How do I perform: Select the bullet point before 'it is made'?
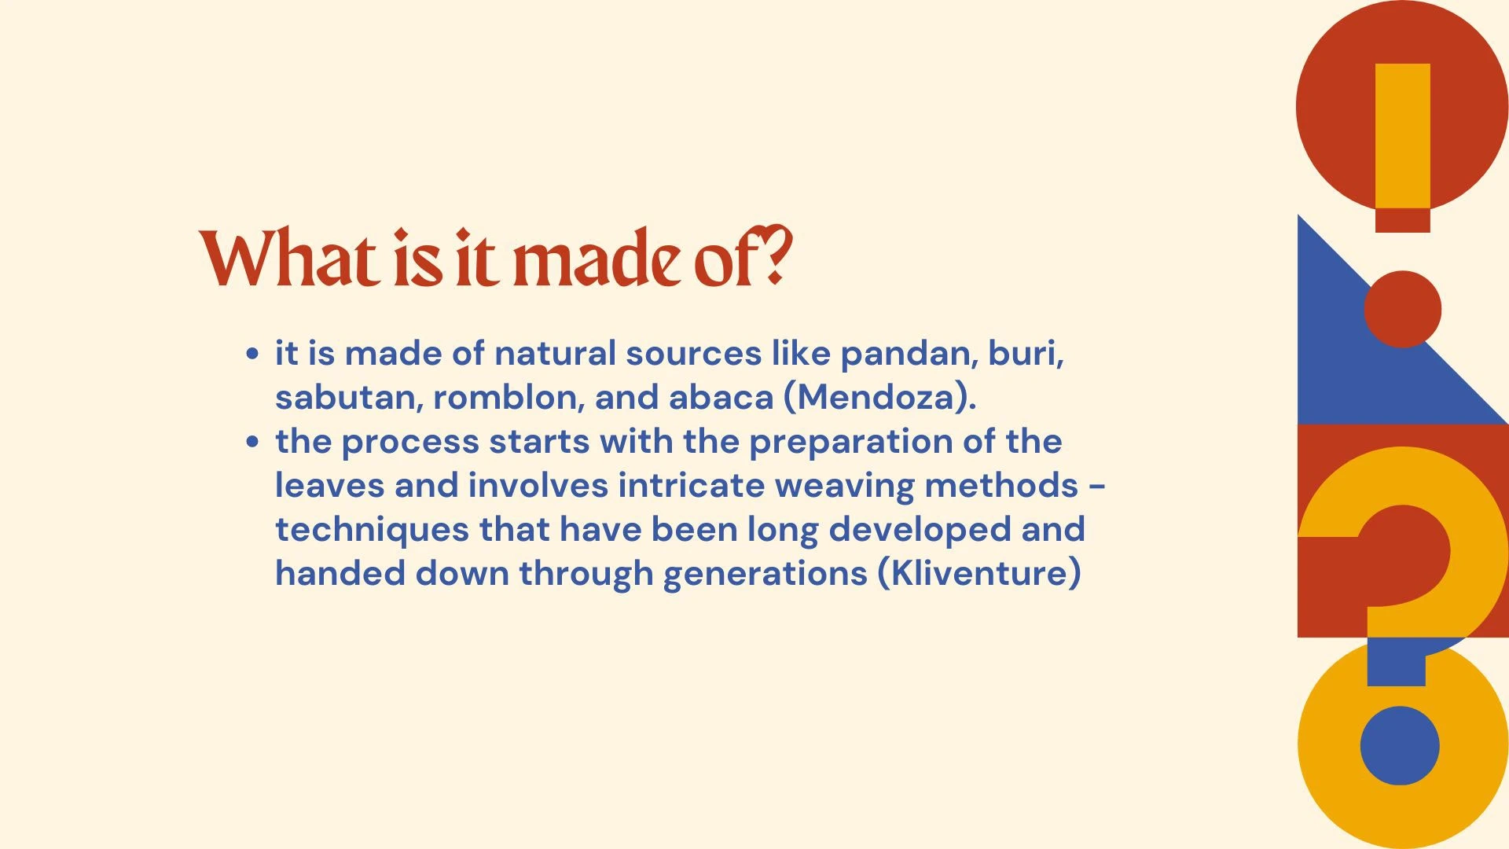[x=251, y=354]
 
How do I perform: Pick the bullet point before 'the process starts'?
[x=251, y=442]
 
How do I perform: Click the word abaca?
[x=721, y=397]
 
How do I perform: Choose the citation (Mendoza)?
[x=880, y=398]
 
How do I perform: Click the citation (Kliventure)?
[x=979, y=573]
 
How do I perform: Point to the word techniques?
[x=372, y=530]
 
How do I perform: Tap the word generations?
[x=765, y=575]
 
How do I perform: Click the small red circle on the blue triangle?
[x=1402, y=309]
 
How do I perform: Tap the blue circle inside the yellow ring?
[x=1400, y=745]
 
